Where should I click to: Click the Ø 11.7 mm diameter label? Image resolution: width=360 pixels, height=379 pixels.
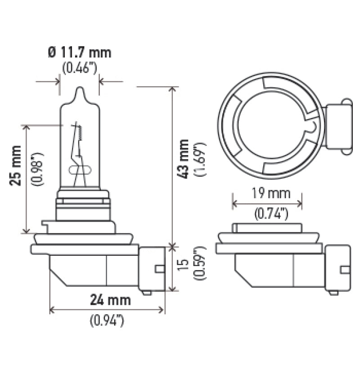coord(79,53)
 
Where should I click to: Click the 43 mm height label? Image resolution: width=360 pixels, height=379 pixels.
coord(184,159)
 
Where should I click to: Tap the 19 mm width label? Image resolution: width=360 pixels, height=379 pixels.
coord(267,194)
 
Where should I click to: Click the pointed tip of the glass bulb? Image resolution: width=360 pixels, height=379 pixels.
coord(80,92)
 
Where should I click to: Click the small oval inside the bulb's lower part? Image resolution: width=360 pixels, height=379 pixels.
coord(80,170)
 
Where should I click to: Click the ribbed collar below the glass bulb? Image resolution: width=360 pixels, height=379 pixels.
coord(83,205)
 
